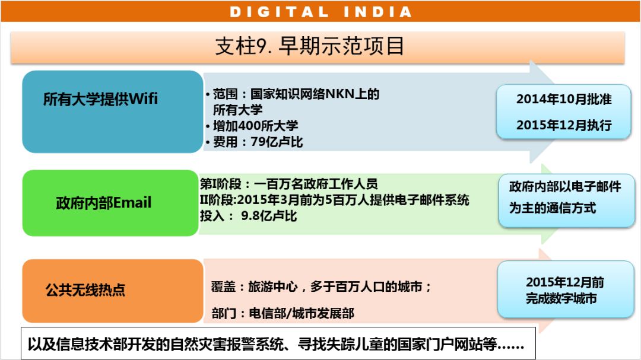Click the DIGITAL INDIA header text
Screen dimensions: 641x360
tap(320, 12)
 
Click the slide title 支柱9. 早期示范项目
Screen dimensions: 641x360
tap(309, 45)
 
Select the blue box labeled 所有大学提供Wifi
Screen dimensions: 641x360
tap(112, 111)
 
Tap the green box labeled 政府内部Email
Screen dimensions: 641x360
tap(110, 203)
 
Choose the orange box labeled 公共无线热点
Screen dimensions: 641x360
tap(112, 291)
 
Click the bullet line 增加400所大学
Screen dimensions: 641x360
tap(252, 126)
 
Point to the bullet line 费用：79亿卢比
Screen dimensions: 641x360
tap(254, 142)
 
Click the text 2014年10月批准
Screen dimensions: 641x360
tap(564, 99)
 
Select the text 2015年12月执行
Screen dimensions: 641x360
tap(564, 125)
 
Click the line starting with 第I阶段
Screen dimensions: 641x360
tap(288, 184)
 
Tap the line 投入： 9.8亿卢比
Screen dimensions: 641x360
tap(248, 215)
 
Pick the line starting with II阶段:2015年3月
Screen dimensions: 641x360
tap(334, 200)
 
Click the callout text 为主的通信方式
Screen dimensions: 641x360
tap(553, 208)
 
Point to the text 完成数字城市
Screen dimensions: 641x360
tap(561, 298)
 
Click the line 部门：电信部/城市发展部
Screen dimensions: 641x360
tap(283, 313)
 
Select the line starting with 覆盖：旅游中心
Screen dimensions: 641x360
tap(321, 286)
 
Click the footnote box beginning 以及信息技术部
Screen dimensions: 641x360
tap(278, 343)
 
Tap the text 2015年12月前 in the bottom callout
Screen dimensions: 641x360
tap(565, 282)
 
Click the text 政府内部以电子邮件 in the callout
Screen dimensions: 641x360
tap(565, 186)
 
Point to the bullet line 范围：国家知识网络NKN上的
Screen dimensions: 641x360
tap(293, 94)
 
